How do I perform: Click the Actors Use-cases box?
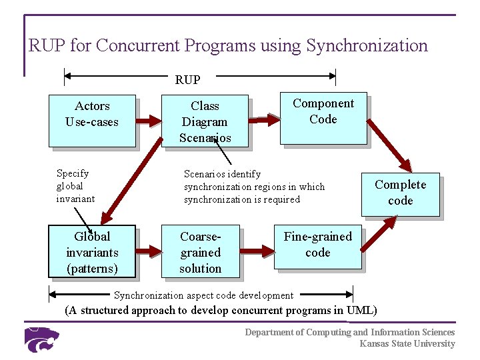(x=92, y=120)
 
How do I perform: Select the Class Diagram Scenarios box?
(x=205, y=121)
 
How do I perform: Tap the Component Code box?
(x=323, y=119)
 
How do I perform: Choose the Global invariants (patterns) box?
(x=92, y=251)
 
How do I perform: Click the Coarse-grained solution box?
(x=201, y=252)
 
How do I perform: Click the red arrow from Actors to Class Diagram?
(x=149, y=121)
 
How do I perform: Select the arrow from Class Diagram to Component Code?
(x=263, y=120)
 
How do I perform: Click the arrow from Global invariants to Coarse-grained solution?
(x=149, y=251)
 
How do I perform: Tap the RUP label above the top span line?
(x=187, y=80)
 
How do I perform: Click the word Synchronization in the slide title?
(x=367, y=46)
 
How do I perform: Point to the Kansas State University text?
(x=407, y=344)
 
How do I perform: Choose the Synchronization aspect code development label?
(x=203, y=295)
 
